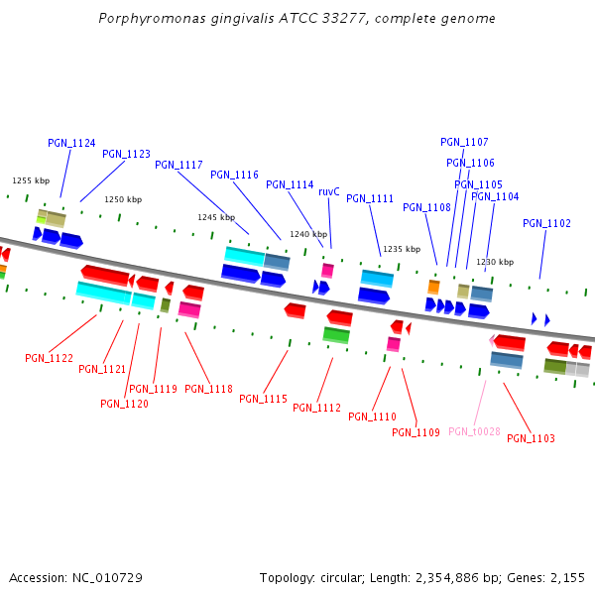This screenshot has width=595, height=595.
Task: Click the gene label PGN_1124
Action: pos(71,143)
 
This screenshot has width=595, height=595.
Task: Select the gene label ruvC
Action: pos(329,191)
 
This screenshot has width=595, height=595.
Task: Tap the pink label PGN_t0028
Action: pos(474,431)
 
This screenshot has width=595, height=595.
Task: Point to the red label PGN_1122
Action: pos(49,358)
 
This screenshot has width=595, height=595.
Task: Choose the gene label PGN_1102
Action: pos(546,223)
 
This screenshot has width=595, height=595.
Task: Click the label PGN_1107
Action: pos(464,142)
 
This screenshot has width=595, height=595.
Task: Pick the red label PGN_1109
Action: pos(416,432)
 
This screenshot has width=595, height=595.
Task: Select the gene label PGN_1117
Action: pos(178,165)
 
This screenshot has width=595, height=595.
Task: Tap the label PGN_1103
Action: pos(531,438)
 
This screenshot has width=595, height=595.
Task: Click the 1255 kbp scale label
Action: pos(31,180)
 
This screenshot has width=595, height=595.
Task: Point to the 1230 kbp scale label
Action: pos(495,262)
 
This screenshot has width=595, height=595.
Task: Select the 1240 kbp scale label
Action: pos(308,234)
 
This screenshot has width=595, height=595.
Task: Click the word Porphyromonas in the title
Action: pos(148,19)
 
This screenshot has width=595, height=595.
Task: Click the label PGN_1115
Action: pos(263,399)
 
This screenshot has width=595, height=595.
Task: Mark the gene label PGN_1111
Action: pos(370,198)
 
